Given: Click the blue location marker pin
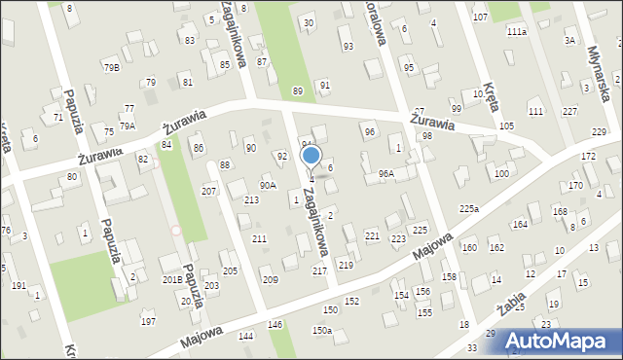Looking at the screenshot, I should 311,156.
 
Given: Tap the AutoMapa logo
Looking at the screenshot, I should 562,341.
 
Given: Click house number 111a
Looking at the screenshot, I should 517,31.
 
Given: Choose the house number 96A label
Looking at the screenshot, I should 386,173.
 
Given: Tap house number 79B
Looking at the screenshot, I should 112,67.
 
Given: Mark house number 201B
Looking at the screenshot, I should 172,279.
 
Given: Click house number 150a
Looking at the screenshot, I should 321,331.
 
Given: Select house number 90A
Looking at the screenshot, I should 267,185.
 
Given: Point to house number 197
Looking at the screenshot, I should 148,321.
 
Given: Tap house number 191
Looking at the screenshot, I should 18,286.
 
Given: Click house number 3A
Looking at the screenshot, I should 569,41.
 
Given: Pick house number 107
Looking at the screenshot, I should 480,18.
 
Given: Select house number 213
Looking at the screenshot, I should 251,199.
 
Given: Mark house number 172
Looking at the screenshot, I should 588,156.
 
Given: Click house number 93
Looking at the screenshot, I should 348,47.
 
